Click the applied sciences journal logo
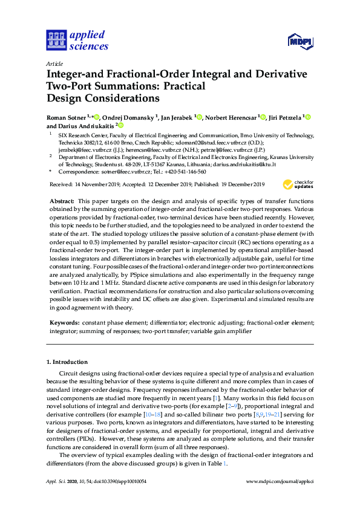click(77, 39)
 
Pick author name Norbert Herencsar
click(231, 117)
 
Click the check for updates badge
click(298, 184)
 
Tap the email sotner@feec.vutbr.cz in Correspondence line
click(125, 172)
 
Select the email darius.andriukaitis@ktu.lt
click(241, 164)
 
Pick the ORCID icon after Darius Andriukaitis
click(120, 126)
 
